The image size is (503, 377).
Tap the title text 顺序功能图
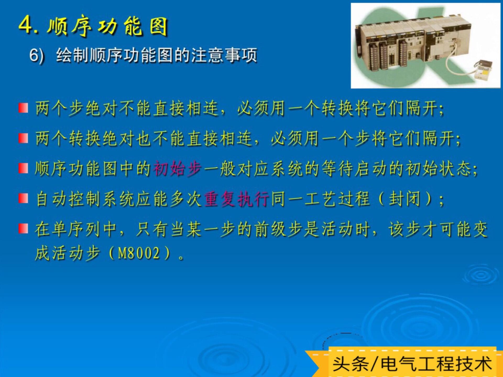click(x=107, y=26)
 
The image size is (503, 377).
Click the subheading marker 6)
click(x=37, y=56)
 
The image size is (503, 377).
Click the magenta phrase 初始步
click(x=178, y=168)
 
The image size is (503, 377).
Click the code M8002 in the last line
click(x=139, y=253)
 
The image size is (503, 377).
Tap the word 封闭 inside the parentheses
click(x=405, y=199)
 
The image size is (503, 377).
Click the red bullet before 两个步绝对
click(x=23, y=108)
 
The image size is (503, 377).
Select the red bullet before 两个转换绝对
click(x=23, y=138)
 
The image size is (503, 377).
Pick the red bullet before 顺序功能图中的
click(x=23, y=168)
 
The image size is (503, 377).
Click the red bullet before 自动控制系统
click(x=23, y=198)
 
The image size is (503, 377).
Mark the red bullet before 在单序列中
click(x=23, y=229)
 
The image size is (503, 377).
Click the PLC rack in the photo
click(x=411, y=43)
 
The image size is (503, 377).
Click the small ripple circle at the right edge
click(x=481, y=275)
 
